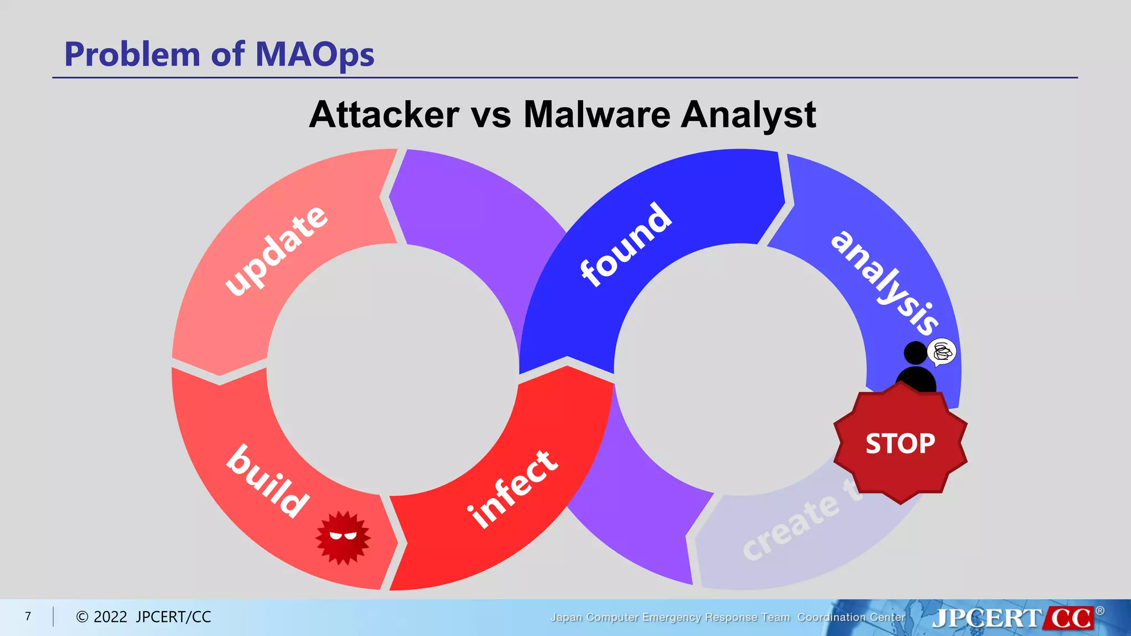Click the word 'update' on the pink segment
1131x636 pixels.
point(276,251)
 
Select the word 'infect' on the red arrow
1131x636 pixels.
point(512,489)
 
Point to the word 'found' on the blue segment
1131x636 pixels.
point(626,245)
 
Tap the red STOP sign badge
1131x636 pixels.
point(900,443)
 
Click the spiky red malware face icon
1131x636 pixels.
point(343,537)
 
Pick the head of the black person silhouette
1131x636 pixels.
point(915,353)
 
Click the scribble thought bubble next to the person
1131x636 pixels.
point(942,352)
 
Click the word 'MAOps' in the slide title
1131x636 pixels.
point(314,55)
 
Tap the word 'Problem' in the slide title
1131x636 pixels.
point(132,55)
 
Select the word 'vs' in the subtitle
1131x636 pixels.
point(491,116)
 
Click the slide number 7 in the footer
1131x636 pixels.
point(28,616)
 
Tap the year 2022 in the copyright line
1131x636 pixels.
point(110,617)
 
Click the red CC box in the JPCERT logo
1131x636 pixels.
point(1070,618)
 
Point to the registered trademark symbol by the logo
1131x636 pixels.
point(1100,611)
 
